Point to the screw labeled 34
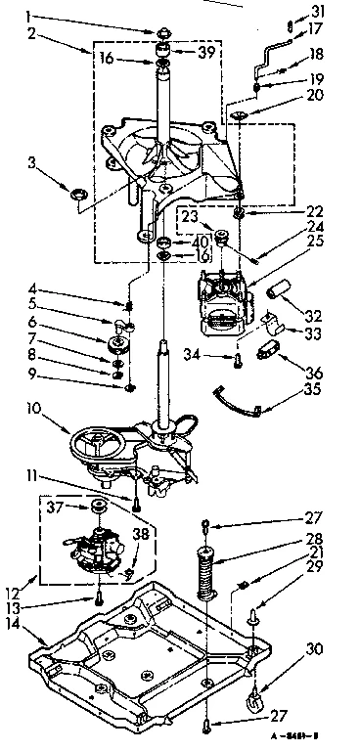pos(237,361)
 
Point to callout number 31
pos(315,11)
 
